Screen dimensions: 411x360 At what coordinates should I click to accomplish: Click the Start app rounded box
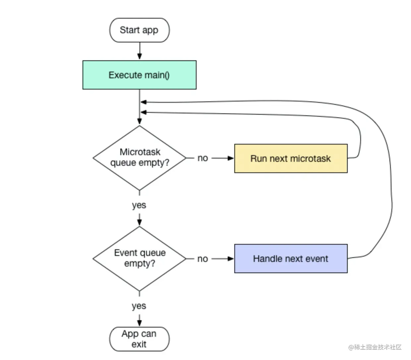click(x=140, y=30)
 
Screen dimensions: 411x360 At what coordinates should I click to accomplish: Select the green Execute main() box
click(x=140, y=75)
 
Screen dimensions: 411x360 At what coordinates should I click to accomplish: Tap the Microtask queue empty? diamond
click(x=140, y=158)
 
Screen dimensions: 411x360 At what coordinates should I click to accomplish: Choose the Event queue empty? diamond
click(x=140, y=259)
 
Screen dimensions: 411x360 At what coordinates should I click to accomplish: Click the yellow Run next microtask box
click(x=291, y=158)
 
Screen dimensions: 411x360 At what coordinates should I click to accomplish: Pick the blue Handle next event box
click(x=291, y=259)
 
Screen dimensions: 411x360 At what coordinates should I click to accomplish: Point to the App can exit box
click(x=140, y=339)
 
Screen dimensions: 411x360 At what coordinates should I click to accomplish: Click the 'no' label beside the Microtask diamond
click(x=203, y=158)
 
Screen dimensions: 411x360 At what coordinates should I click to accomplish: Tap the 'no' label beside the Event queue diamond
click(x=203, y=259)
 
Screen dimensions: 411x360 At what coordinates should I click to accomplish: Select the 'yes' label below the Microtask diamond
click(x=139, y=206)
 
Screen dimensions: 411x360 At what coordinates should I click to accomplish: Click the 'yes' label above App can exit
click(x=139, y=306)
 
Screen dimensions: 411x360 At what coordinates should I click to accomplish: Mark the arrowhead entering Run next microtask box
click(x=231, y=158)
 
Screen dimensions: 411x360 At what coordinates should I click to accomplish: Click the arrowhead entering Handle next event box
click(x=231, y=259)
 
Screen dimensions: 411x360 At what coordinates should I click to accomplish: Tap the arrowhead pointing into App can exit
click(x=140, y=323)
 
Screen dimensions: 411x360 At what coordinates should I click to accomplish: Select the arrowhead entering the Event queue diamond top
click(x=140, y=222)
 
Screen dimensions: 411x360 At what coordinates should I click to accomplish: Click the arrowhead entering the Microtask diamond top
click(x=140, y=121)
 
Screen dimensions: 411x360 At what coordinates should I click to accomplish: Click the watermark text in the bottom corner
click(x=375, y=347)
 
